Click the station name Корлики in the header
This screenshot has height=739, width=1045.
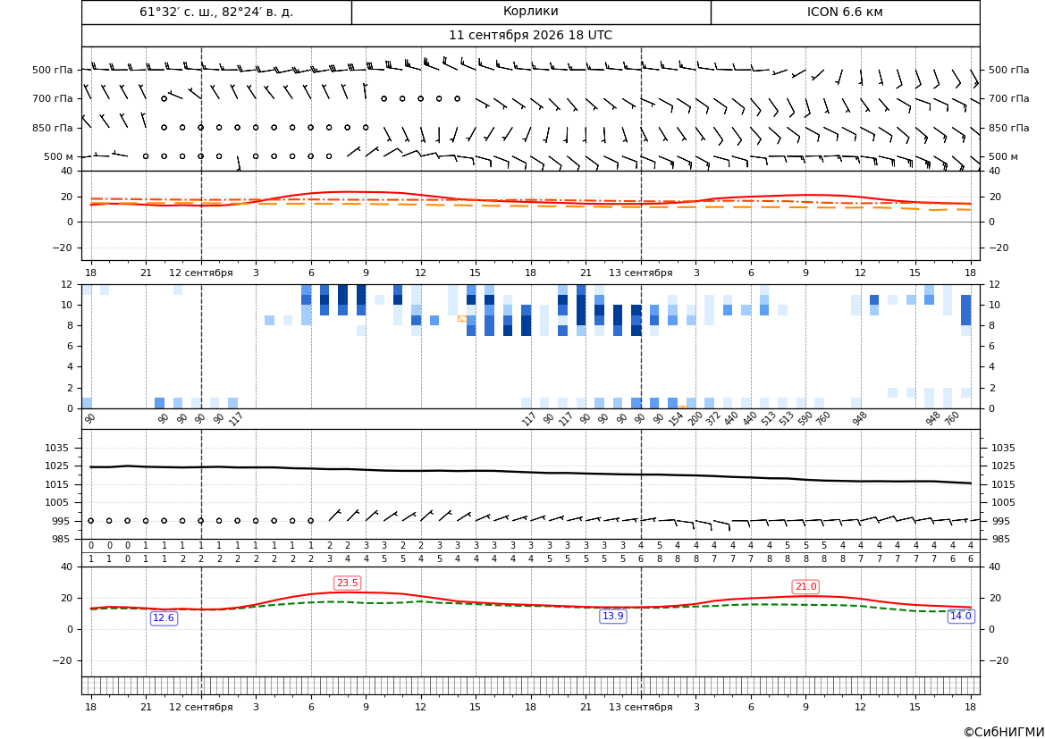(530, 12)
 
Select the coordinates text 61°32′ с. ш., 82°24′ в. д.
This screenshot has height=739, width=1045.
(216, 12)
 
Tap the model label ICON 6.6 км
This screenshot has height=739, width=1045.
(845, 12)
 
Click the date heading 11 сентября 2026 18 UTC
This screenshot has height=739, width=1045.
(530, 36)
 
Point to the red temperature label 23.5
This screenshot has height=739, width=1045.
(347, 584)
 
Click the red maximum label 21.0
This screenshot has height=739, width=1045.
(805, 586)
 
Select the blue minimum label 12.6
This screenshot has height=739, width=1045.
(164, 617)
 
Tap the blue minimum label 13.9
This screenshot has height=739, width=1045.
(613, 616)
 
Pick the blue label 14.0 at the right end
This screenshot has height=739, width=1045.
(960, 616)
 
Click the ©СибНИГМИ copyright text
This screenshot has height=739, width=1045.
(1004, 732)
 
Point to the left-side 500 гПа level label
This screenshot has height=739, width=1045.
(53, 70)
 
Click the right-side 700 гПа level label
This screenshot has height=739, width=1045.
(1008, 98)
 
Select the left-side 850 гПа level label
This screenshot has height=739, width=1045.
(53, 128)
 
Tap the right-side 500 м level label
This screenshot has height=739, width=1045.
(1003, 156)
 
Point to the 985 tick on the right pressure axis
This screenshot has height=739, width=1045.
(1001, 539)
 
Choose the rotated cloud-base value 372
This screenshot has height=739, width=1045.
(713, 419)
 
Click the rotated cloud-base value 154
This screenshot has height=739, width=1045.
(677, 419)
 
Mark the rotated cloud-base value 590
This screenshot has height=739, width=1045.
(805, 419)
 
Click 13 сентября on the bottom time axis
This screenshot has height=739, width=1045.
(640, 707)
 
